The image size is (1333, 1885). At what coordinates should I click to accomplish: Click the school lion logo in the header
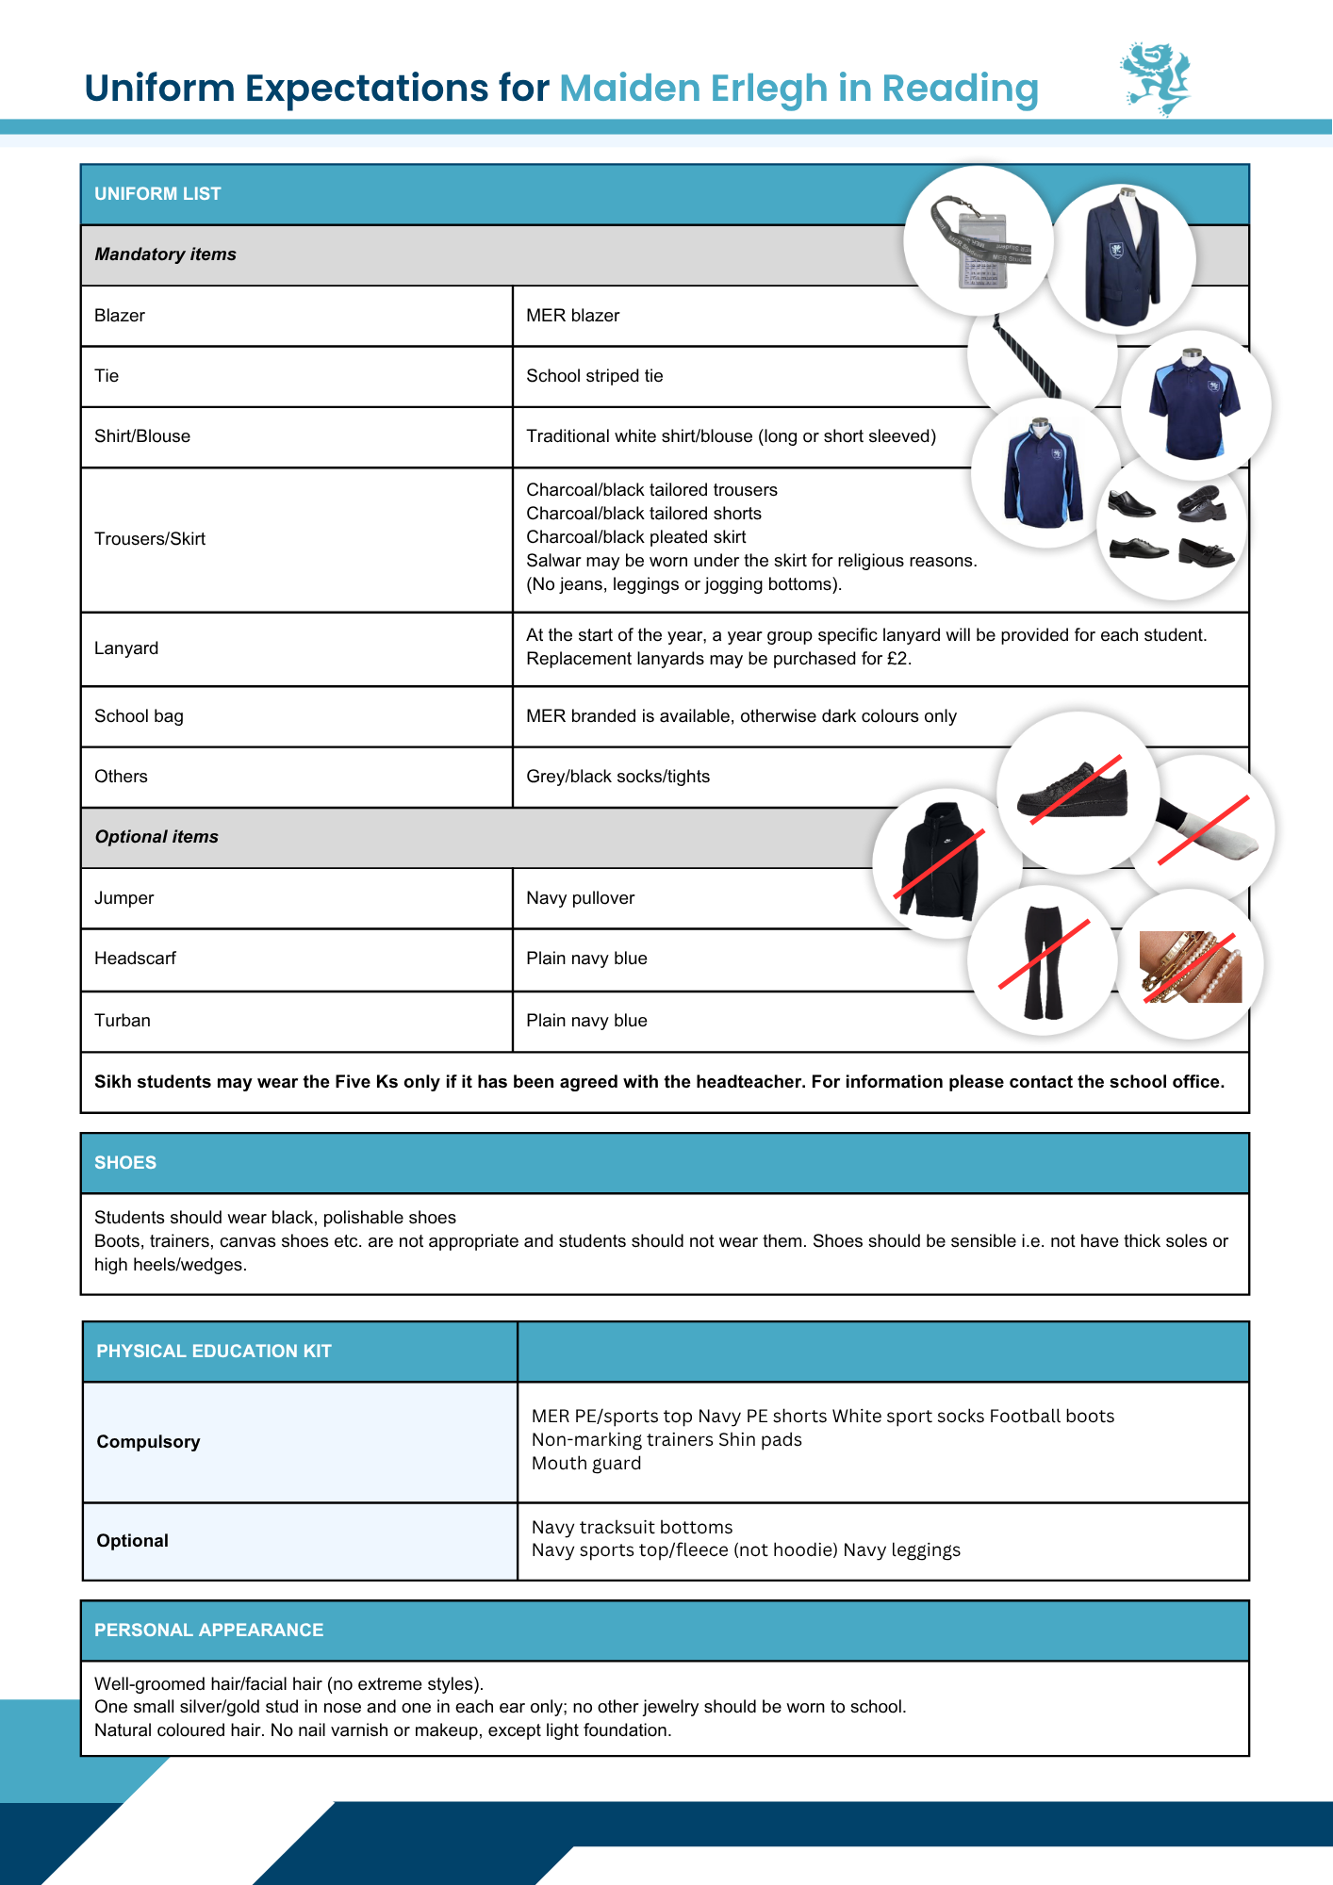pyautogui.click(x=1156, y=79)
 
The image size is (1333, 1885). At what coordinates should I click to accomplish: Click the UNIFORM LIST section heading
pyautogui.click(x=157, y=194)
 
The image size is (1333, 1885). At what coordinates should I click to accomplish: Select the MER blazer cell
pyautogui.click(x=572, y=316)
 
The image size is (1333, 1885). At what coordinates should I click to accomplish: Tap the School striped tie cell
pyautogui.click(x=594, y=376)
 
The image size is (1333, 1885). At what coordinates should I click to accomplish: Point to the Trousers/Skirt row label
pyautogui.click(x=150, y=539)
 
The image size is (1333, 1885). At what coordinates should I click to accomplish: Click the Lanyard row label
pyautogui.click(x=126, y=648)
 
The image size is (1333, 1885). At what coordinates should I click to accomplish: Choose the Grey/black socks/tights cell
pyautogui.click(x=617, y=777)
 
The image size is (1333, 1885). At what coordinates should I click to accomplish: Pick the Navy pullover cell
pyautogui.click(x=580, y=898)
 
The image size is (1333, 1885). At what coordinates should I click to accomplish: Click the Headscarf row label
pyautogui.click(x=135, y=959)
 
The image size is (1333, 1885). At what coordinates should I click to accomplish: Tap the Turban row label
pyautogui.click(x=123, y=1021)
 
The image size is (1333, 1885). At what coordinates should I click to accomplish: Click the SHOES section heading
pyautogui.click(x=125, y=1163)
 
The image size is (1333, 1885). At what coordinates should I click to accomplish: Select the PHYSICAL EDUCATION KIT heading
pyautogui.click(x=214, y=1352)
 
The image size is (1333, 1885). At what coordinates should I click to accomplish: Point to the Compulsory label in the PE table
pyautogui.click(x=148, y=1442)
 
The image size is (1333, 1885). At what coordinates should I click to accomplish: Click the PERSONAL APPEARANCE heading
pyautogui.click(x=208, y=1631)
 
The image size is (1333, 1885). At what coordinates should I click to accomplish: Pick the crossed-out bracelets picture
pyautogui.click(x=1190, y=966)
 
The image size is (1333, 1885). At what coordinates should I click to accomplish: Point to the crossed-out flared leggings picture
pyautogui.click(x=1044, y=961)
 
